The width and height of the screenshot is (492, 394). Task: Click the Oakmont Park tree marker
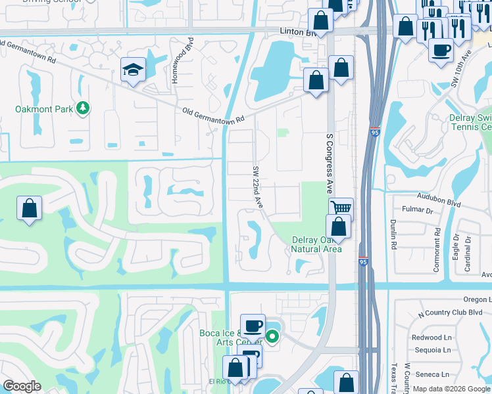coord(82,108)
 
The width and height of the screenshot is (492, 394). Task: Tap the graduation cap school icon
coord(133,70)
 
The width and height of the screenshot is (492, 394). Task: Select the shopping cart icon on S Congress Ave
coord(341,208)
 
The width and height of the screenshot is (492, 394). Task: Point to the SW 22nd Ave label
coord(258,187)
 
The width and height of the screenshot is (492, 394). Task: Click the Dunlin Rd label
coord(394,234)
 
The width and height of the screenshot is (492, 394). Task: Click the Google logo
coord(22,386)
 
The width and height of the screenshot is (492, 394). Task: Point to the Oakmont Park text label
coord(45,108)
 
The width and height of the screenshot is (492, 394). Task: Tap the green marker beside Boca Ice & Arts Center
coord(272,338)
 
